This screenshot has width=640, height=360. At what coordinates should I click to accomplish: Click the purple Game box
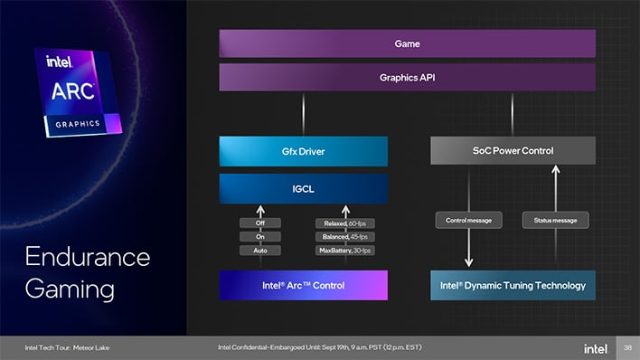pyautogui.click(x=407, y=43)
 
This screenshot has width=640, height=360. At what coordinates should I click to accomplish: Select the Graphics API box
pyautogui.click(x=407, y=78)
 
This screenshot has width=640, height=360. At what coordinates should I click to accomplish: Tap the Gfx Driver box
pyautogui.click(x=303, y=151)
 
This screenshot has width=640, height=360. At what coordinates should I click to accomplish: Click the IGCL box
pyautogui.click(x=303, y=188)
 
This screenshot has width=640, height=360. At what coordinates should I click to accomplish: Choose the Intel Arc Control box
pyautogui.click(x=303, y=285)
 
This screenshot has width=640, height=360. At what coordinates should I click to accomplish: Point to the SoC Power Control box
pyautogui.click(x=512, y=150)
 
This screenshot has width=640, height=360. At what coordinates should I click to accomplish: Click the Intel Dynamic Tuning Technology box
pyautogui.click(x=512, y=285)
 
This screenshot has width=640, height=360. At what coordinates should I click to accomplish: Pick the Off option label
pyautogui.click(x=259, y=223)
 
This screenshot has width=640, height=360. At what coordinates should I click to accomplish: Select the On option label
pyautogui.click(x=259, y=236)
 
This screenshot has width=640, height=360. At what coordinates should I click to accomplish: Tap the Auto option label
pyautogui.click(x=259, y=250)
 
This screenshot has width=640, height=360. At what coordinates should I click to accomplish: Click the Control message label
pyautogui.click(x=468, y=220)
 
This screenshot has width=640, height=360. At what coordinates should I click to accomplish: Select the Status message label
pyautogui.click(x=555, y=220)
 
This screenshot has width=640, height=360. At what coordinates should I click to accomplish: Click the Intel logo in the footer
pyautogui.click(x=596, y=348)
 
